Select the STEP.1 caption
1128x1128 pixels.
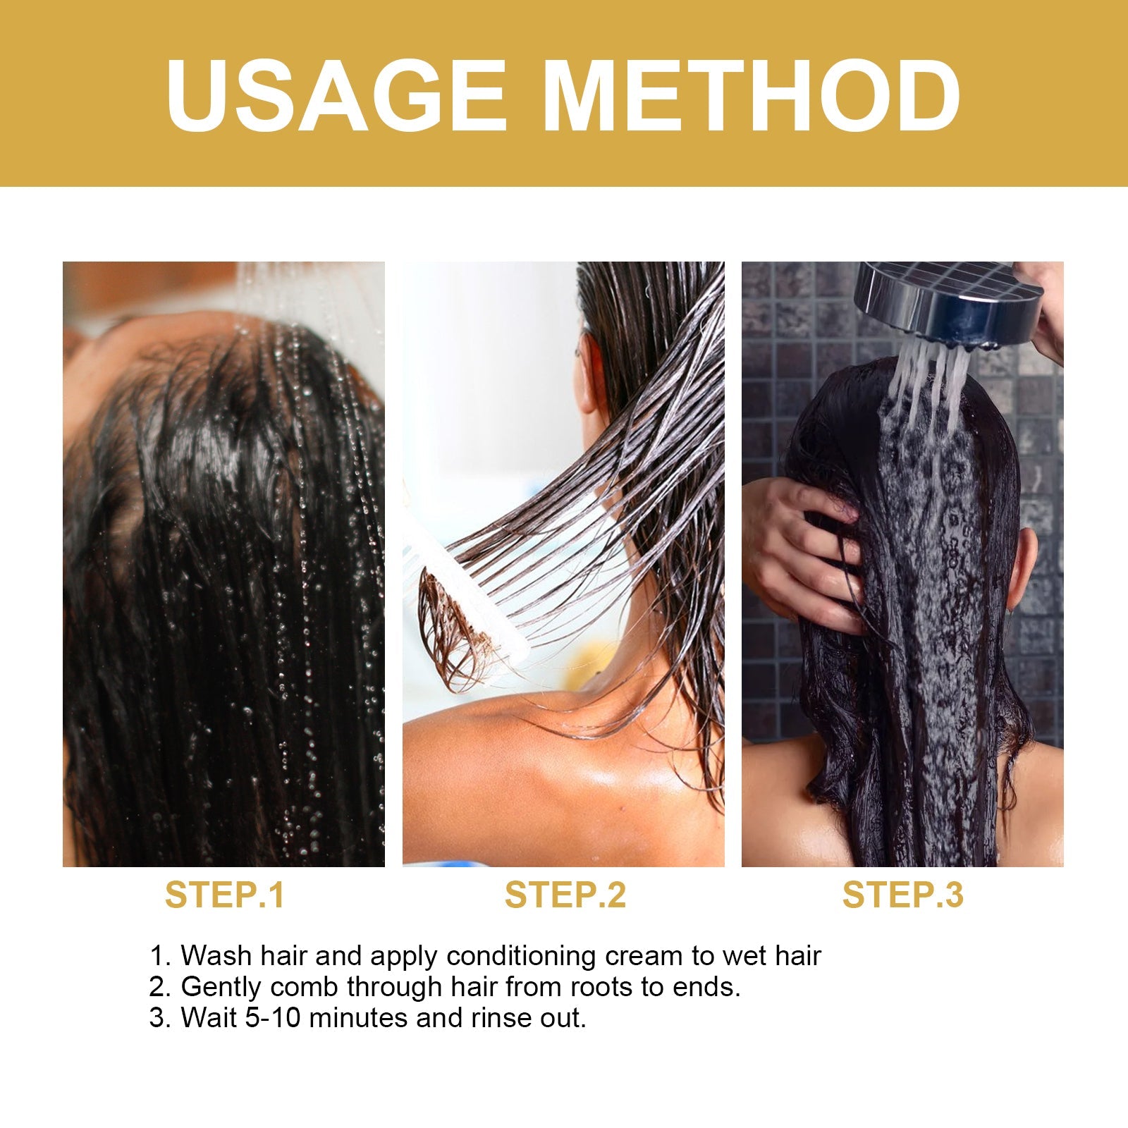coord(225,895)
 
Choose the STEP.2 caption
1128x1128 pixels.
coord(565,895)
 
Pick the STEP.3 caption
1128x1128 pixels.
coord(902,895)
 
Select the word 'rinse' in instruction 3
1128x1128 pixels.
coord(501,1018)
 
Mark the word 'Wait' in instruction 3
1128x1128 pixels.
coord(209,1018)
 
